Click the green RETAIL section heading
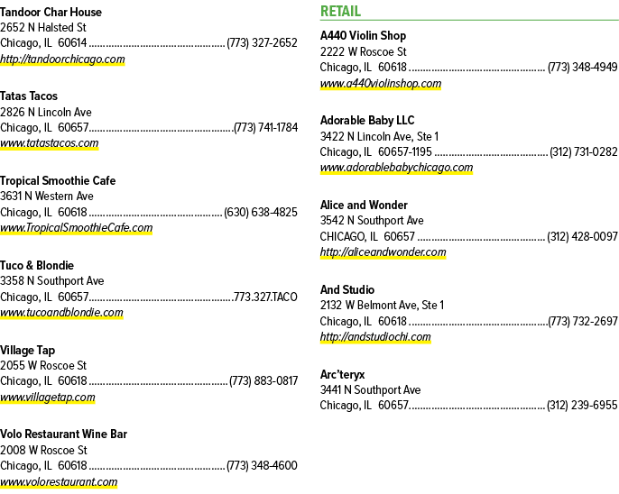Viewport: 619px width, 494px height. point(340,11)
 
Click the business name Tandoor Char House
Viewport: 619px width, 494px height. point(51,13)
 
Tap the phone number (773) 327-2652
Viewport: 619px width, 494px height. point(262,42)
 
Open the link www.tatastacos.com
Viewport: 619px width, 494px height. point(50,142)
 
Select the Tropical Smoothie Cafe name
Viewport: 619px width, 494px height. point(58,180)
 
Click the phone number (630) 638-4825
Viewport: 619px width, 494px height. point(261,212)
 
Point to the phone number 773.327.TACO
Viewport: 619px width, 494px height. point(265,297)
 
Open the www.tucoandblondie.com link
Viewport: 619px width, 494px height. point(61,312)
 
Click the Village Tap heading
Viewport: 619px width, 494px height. point(28,350)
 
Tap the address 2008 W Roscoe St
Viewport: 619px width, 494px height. point(43,450)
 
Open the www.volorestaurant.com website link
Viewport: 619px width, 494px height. point(59,481)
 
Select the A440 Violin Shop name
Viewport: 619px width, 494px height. point(363,36)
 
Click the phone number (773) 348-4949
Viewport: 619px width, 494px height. point(582,67)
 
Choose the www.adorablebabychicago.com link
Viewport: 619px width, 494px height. point(396,167)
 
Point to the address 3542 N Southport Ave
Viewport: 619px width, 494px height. point(372,220)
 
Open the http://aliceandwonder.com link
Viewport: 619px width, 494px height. point(383,252)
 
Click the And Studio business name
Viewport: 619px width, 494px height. point(347,289)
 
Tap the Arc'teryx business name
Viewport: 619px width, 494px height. point(343,374)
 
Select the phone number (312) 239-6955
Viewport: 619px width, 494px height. point(582,406)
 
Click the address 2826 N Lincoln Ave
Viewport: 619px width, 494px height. point(46,112)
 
